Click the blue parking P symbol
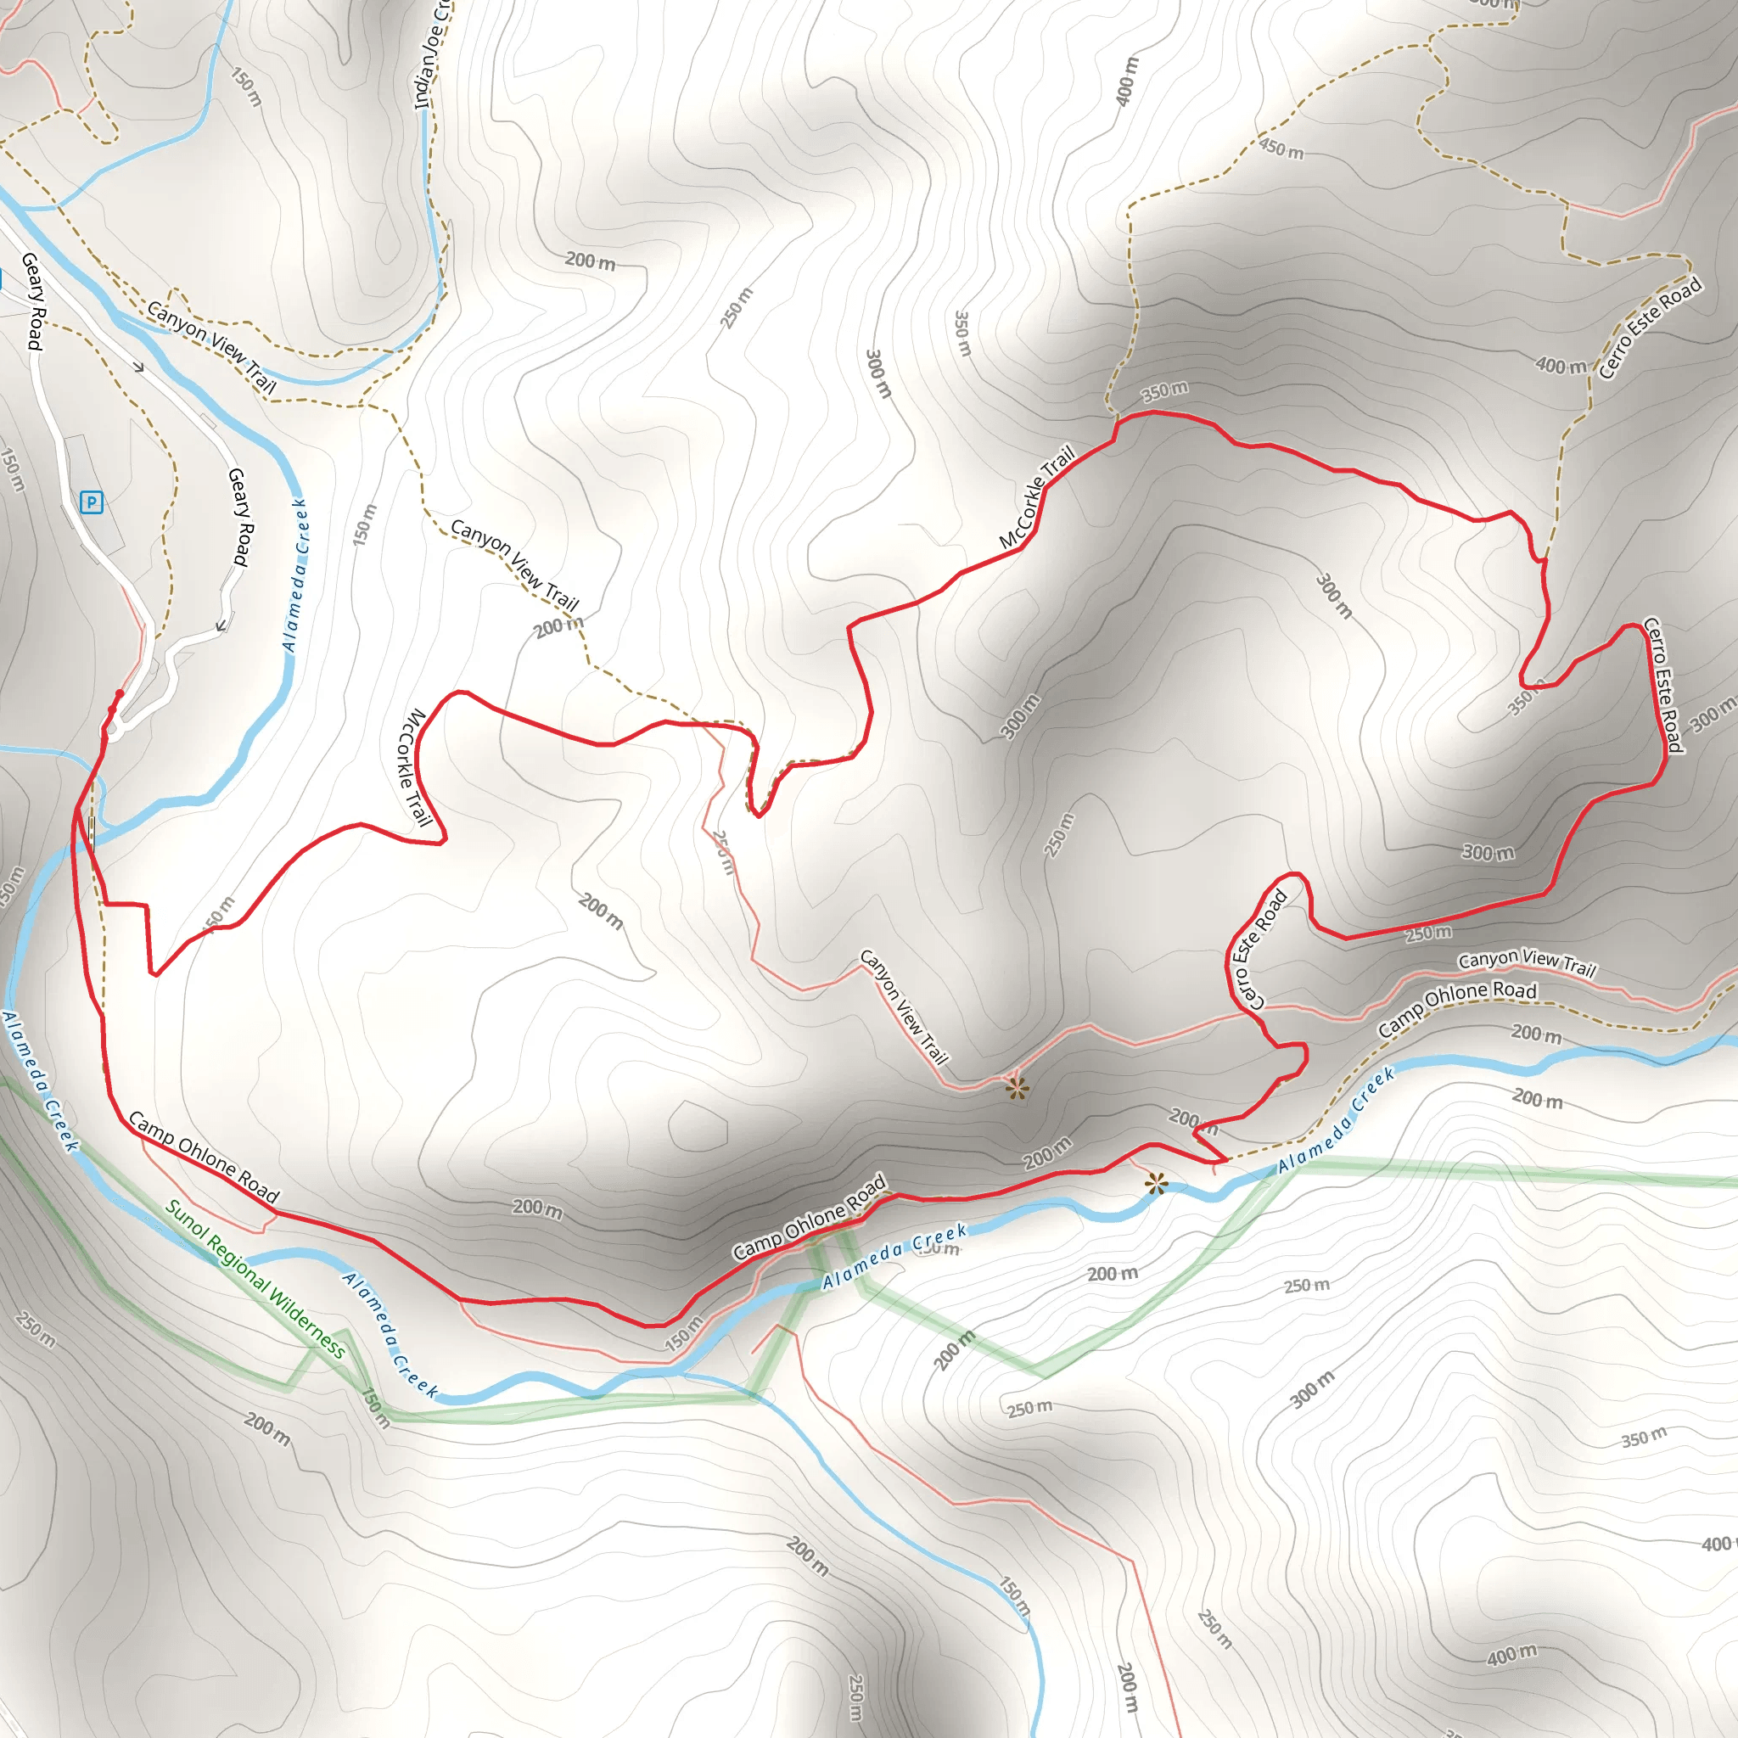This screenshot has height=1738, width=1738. click(x=92, y=502)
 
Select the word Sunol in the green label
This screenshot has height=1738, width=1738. click(x=184, y=1218)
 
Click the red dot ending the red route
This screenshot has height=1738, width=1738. click(x=120, y=693)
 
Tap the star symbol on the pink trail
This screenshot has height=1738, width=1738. click(x=1018, y=1090)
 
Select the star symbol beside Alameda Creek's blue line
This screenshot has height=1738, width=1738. click(x=1156, y=1184)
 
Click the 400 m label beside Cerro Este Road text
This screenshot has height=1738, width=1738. click(x=1561, y=365)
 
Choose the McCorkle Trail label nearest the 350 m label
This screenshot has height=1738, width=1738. click(x=1037, y=497)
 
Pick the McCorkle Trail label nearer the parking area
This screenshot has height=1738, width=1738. click(x=415, y=767)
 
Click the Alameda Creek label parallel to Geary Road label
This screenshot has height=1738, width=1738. click(x=295, y=575)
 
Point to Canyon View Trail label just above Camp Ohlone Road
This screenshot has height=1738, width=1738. click(x=1527, y=962)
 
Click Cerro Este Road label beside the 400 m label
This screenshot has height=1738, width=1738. click(x=1650, y=328)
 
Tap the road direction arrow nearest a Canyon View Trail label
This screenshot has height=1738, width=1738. click(x=137, y=367)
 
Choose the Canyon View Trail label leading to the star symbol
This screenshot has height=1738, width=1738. click(x=904, y=1007)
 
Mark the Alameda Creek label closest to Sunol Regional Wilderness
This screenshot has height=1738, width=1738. click(x=389, y=1335)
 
